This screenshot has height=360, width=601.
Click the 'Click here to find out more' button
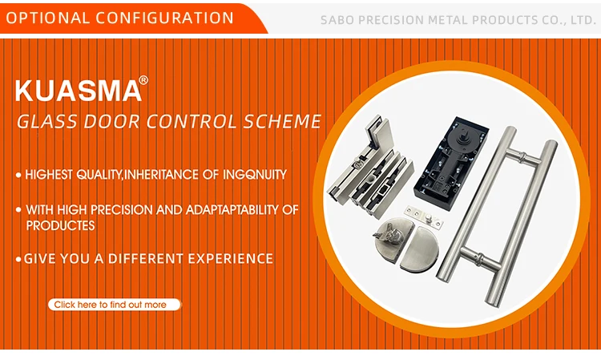tap(115, 305)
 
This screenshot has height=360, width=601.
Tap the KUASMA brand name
tap(79, 91)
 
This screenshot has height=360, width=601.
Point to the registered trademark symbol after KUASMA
tap(143, 79)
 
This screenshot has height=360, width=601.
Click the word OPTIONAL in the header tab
tap(47, 18)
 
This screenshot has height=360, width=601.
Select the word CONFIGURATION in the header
tap(165, 18)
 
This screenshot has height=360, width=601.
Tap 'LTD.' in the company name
tap(583, 20)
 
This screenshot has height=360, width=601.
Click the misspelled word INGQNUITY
tap(255, 175)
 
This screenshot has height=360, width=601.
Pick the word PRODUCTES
tap(60, 225)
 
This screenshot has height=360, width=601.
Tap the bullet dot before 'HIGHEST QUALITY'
tap(18, 176)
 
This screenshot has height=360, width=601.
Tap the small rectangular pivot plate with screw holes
tap(424, 217)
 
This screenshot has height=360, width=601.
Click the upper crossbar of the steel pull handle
tap(522, 156)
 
